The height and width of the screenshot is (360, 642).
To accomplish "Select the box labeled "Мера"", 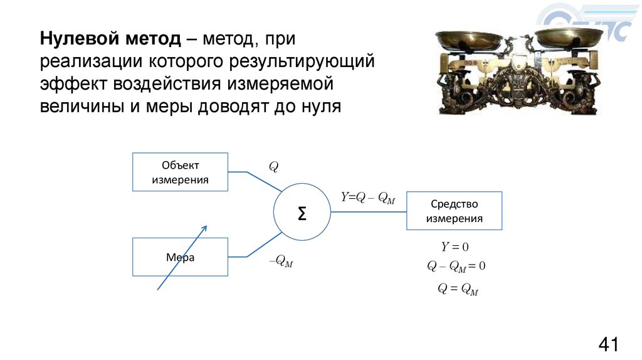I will point(179,257).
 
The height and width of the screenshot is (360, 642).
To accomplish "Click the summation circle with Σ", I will point(302,214).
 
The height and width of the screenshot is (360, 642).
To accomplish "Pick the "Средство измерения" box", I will point(455,211).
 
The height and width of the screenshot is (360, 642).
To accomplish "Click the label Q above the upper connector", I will point(273,167).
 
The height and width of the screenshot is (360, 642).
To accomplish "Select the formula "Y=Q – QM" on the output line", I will point(367,198).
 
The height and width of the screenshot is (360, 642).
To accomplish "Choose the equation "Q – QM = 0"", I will point(456,267).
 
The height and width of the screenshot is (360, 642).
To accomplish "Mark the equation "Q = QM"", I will point(458,289).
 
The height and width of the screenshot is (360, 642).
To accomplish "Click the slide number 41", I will point(608,344).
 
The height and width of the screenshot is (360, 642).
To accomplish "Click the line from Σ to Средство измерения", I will point(368,211).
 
